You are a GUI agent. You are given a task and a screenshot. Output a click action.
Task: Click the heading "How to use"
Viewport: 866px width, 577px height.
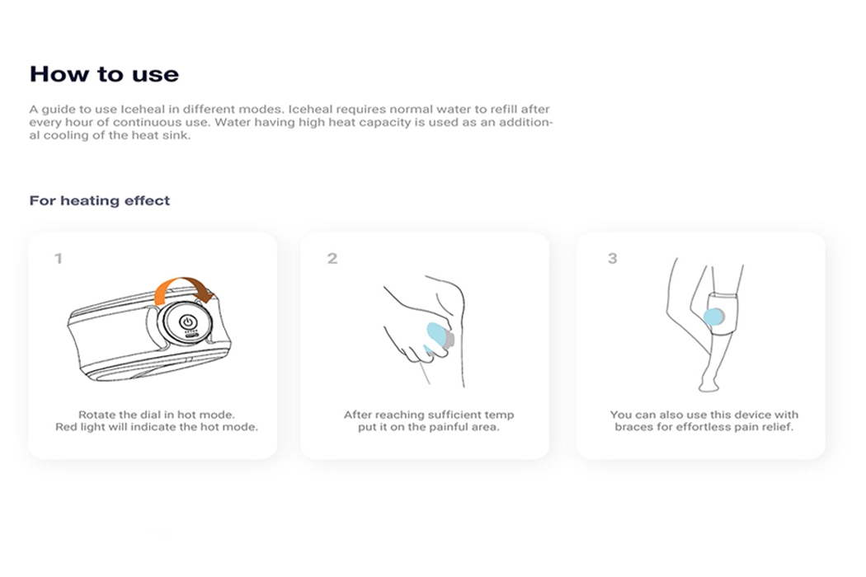[x=104, y=74]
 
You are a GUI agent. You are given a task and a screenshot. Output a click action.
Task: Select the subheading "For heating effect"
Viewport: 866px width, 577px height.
[x=100, y=200]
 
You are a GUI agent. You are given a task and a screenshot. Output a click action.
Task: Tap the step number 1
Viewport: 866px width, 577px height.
[x=58, y=259]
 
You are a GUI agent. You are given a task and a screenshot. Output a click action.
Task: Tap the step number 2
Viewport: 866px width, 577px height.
[x=332, y=259]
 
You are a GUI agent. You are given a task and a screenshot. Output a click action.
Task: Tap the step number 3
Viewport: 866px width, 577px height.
[x=612, y=259]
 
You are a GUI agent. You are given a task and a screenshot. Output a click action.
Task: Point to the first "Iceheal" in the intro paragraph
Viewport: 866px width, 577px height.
[x=141, y=109]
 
